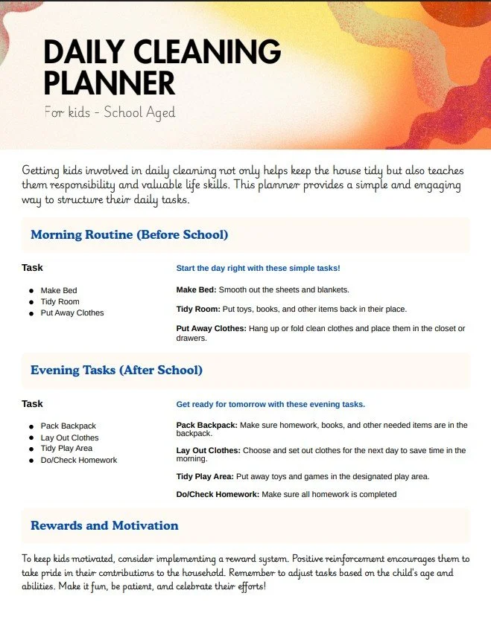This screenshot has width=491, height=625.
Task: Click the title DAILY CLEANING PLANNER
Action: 162,67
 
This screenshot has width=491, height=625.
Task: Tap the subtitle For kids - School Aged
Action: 110,113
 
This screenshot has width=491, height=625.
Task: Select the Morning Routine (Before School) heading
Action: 129,235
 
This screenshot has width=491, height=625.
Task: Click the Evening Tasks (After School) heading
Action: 116,370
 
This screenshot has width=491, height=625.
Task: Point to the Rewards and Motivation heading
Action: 104,525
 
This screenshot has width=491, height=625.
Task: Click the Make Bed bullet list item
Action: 59,290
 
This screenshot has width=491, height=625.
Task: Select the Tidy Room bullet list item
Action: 60,301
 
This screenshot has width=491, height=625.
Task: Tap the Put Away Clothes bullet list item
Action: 72,312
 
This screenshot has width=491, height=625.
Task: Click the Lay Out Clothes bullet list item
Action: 69,437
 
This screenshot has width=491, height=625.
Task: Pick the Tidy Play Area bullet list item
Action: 66,449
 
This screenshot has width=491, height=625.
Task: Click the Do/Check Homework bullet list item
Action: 78,460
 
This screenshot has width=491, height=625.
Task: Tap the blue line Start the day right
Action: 258,268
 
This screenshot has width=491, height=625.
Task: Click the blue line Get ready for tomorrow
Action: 270,405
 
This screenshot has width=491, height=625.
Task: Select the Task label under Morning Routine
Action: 32,267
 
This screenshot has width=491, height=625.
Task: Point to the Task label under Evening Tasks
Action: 32,403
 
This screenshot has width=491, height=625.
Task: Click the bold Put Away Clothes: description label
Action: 211,328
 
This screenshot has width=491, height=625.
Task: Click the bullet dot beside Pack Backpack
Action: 31,426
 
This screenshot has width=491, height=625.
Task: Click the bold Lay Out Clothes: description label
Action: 208,450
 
